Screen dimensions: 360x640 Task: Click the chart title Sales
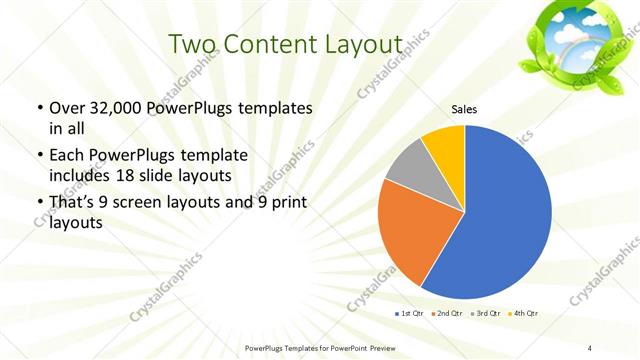coord(464,109)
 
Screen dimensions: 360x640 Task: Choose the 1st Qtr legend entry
coord(410,314)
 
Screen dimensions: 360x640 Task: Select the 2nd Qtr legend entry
coord(448,314)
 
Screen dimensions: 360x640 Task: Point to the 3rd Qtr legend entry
coord(486,314)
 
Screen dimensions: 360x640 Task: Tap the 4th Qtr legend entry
coord(524,314)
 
